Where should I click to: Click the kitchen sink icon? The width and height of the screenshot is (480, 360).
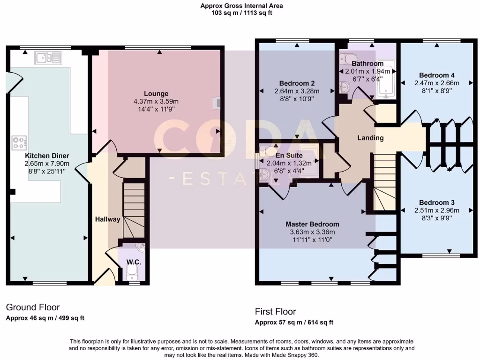click(48, 58)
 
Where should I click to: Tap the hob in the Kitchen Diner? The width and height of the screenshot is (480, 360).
click(19, 142)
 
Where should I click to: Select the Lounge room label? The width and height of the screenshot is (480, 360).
click(157, 94)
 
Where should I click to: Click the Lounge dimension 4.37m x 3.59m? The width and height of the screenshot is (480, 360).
click(157, 101)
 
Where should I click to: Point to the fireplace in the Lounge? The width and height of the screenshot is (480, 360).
click(217, 103)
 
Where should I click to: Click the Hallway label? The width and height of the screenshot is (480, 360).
click(107, 219)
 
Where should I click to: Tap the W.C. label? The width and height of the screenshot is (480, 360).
click(134, 262)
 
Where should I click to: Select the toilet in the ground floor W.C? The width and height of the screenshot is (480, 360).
click(134, 273)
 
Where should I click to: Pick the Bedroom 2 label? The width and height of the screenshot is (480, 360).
click(297, 83)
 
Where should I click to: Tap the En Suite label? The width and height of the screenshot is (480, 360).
click(289, 156)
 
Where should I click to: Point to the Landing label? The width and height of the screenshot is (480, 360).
click(370, 138)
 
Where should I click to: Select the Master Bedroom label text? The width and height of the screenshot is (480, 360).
click(312, 224)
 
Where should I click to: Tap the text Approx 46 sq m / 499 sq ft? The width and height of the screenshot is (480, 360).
click(45, 318)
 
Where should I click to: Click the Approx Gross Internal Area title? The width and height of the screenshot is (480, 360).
click(241, 6)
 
